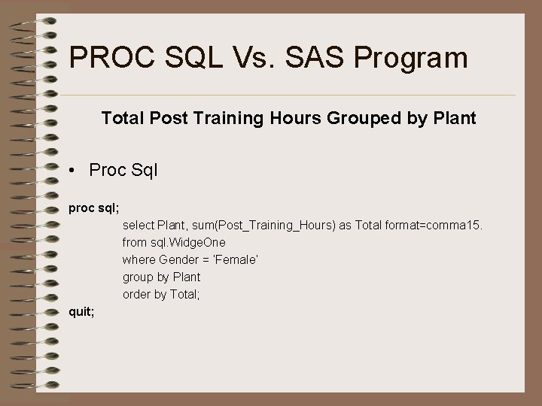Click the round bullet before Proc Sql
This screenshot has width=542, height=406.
pos(70,171)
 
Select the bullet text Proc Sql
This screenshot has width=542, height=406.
pos(123,171)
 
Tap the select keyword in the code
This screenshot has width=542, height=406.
pos(138,225)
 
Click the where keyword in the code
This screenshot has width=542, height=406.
pos(138,259)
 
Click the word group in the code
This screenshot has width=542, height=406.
pos(139,277)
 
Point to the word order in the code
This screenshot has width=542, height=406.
pos(137,294)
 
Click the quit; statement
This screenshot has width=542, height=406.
pos(81,312)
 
